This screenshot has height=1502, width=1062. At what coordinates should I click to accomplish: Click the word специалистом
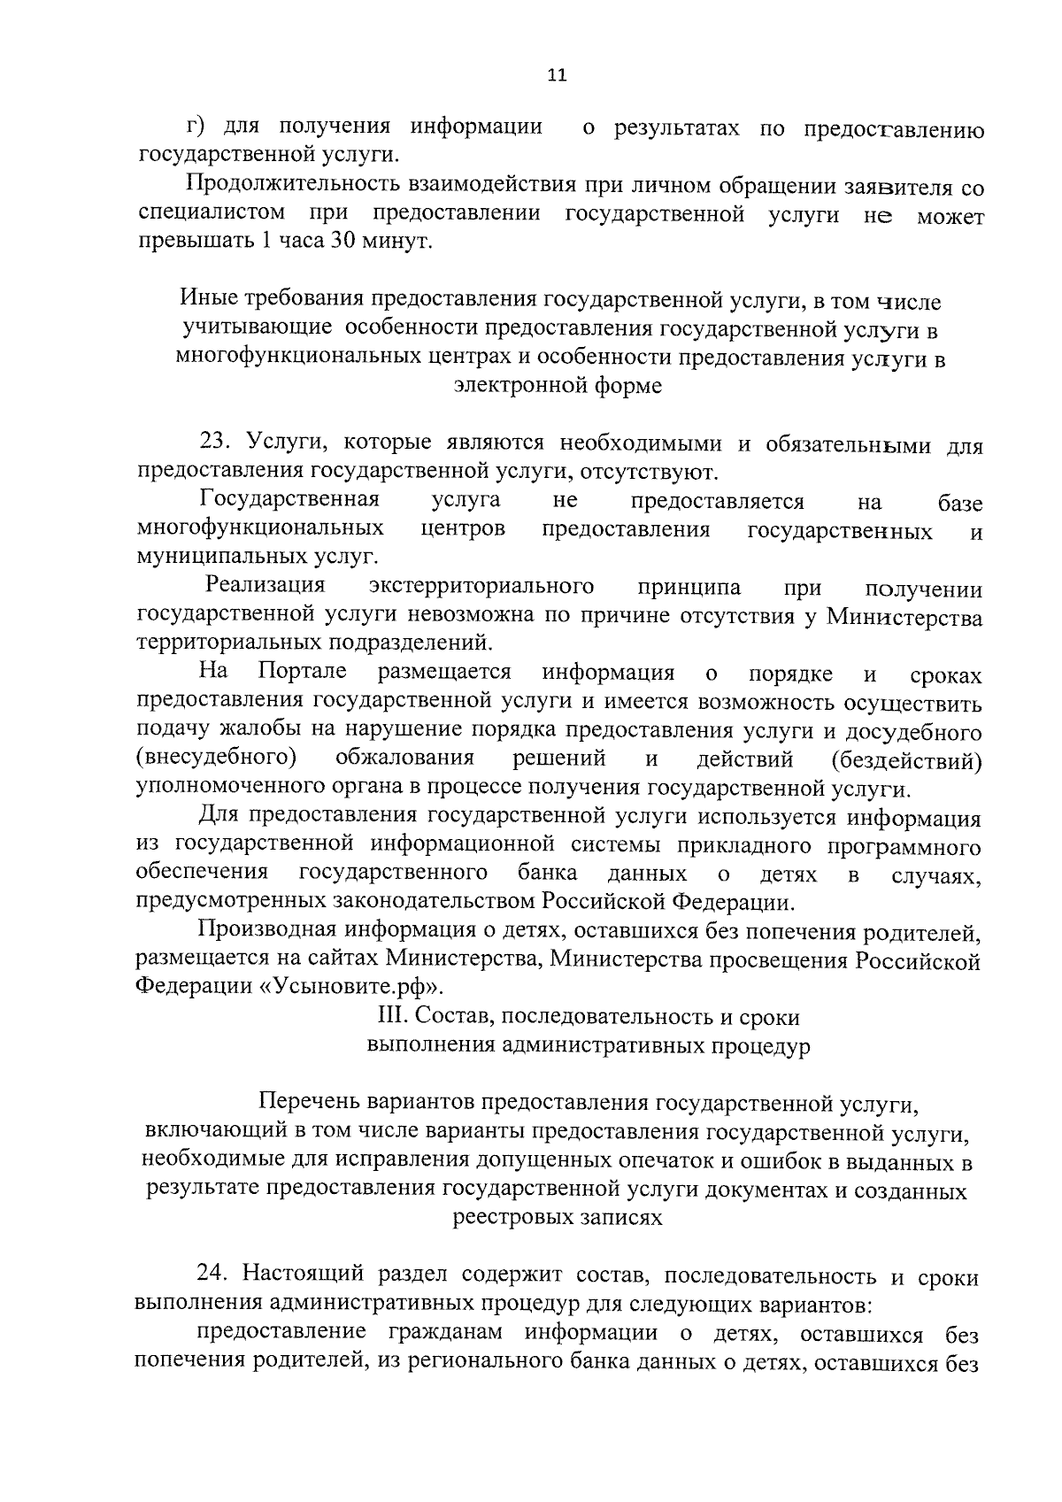pos(211,214)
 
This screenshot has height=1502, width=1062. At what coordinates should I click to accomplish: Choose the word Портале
pos(303,672)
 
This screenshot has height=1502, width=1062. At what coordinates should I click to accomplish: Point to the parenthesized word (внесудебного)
pos(216,759)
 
